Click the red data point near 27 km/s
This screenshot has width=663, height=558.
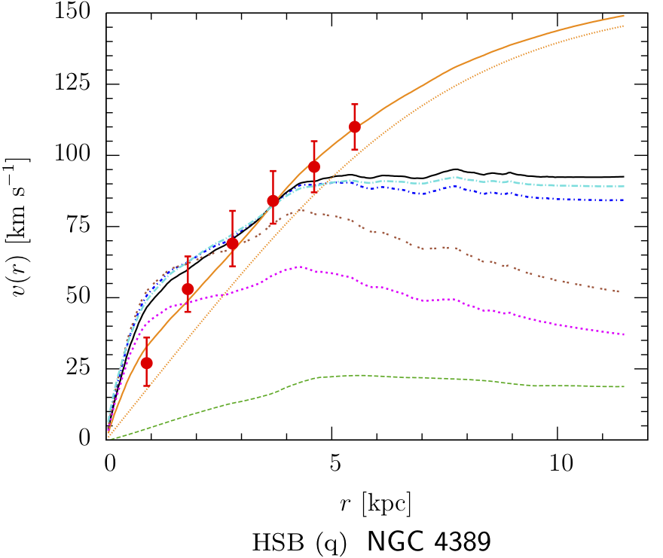[147, 363]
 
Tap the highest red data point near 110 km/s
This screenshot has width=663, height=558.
[354, 127]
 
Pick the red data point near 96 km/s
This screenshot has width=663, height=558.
[314, 166]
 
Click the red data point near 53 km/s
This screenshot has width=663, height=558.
[188, 289]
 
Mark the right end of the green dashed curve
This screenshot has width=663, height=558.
[625, 386]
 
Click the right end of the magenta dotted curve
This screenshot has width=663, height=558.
[625, 334]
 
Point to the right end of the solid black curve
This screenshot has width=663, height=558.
[625, 176]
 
